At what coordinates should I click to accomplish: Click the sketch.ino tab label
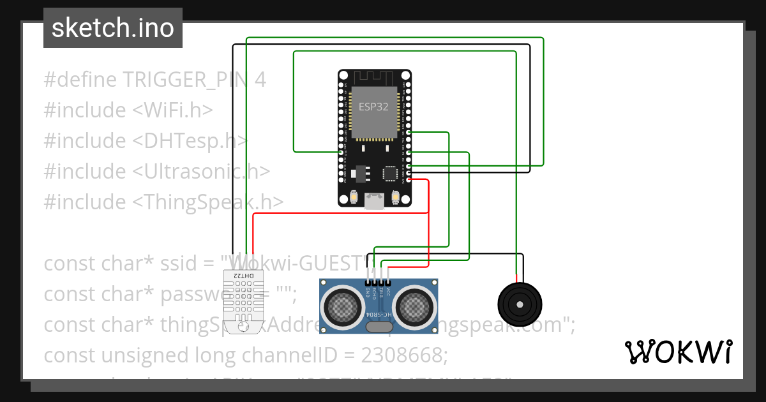(113, 28)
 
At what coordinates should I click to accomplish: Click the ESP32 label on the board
(373, 107)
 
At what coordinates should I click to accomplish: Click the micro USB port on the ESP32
(374, 202)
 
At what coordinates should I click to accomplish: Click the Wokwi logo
(678, 352)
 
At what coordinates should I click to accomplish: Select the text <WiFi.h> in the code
(172, 110)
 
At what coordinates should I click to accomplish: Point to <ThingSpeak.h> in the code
(208, 202)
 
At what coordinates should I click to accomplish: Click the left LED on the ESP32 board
(354, 197)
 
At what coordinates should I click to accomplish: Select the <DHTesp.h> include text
(190, 141)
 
